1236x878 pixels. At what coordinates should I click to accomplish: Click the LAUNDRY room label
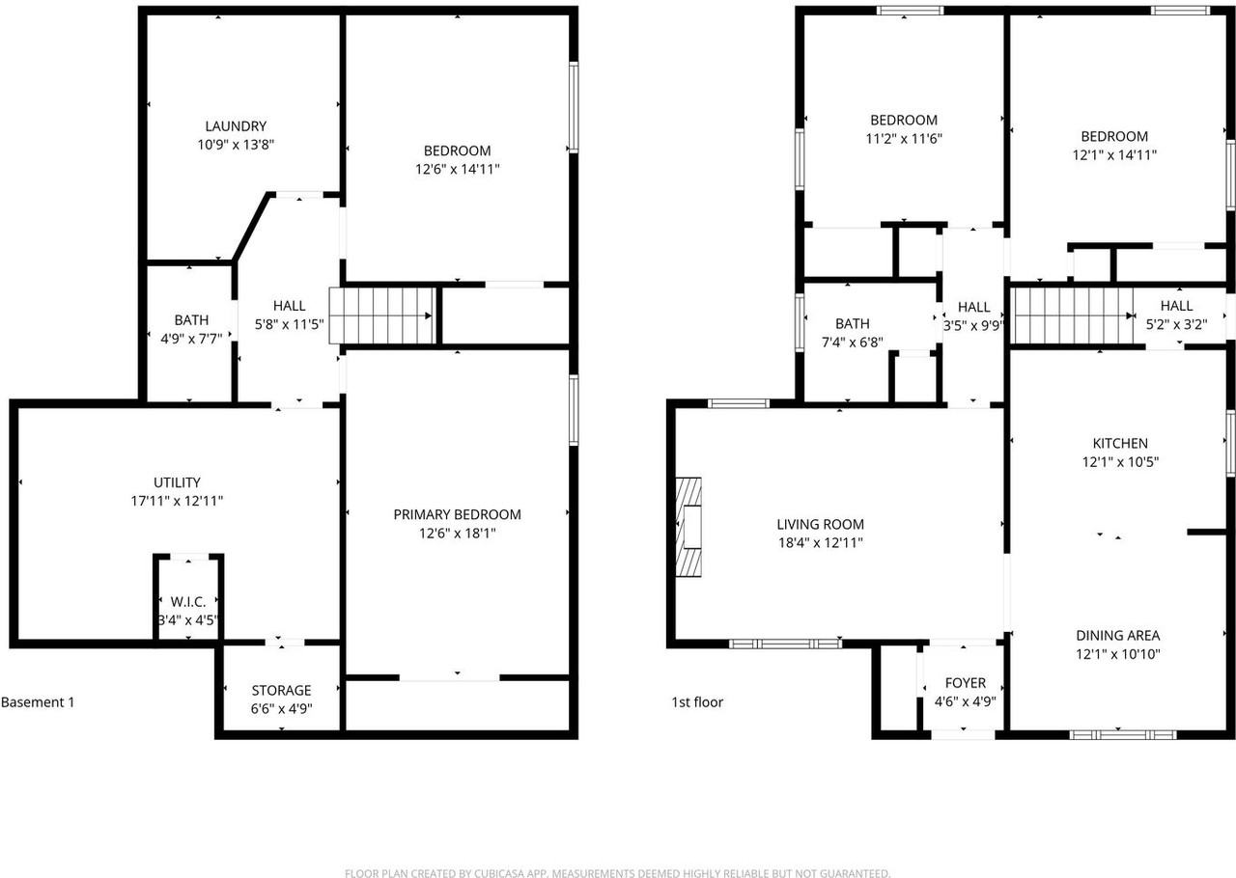tap(236, 126)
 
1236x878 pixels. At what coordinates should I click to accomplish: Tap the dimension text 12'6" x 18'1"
tap(457, 533)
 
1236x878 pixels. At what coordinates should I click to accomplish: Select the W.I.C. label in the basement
tap(188, 602)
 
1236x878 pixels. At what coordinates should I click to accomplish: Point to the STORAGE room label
tap(281, 690)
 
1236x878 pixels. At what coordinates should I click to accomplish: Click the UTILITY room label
tap(178, 482)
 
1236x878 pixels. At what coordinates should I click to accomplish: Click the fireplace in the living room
tap(688, 526)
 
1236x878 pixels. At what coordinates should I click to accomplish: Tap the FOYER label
tap(965, 683)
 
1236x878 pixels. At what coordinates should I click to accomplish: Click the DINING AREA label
tap(1118, 635)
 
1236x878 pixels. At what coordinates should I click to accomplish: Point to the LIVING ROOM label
tap(820, 524)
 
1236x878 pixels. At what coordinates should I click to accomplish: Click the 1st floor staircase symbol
tap(1072, 316)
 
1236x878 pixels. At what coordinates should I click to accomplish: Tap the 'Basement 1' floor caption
tap(38, 702)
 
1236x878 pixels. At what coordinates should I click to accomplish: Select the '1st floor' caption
tap(697, 702)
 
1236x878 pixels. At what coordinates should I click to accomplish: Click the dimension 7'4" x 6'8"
tap(852, 342)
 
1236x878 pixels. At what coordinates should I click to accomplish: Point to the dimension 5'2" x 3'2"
tap(1176, 324)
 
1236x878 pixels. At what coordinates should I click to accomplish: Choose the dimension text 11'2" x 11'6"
tap(904, 138)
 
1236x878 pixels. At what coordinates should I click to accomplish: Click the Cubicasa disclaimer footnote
tap(617, 873)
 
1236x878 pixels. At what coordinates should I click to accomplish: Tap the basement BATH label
tap(191, 320)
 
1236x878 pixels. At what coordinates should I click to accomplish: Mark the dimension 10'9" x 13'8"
tap(236, 145)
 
